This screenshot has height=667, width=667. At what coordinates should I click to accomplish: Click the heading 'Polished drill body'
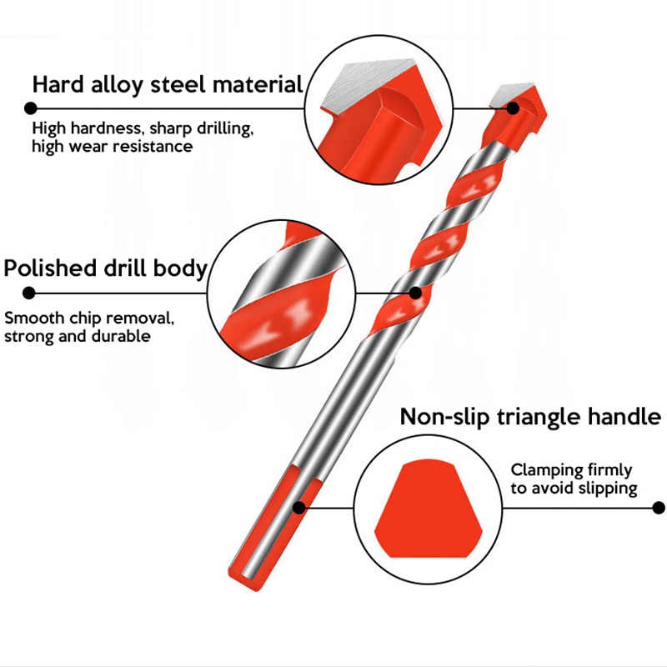point(105,269)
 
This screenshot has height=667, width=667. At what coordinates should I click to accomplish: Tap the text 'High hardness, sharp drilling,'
point(143,128)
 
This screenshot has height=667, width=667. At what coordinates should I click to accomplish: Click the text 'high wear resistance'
point(113,147)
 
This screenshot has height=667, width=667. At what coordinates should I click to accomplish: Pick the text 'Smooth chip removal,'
point(89,318)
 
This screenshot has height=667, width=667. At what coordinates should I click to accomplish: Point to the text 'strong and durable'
point(78,336)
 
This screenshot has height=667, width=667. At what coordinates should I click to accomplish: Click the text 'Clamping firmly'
point(571,470)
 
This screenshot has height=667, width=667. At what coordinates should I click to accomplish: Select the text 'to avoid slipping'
point(574,489)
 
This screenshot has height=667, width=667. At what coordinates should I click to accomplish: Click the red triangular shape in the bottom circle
point(428,509)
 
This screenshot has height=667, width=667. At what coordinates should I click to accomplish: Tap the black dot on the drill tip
point(513,108)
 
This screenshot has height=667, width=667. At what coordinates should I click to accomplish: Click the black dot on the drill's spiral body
point(415,293)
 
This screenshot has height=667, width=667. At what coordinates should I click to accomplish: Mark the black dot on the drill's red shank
point(299,508)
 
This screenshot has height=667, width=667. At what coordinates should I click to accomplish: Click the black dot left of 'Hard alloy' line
point(31,108)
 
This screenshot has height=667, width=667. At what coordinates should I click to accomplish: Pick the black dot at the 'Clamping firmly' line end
point(659,508)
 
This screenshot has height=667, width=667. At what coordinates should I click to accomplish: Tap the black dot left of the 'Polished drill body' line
point(29,293)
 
